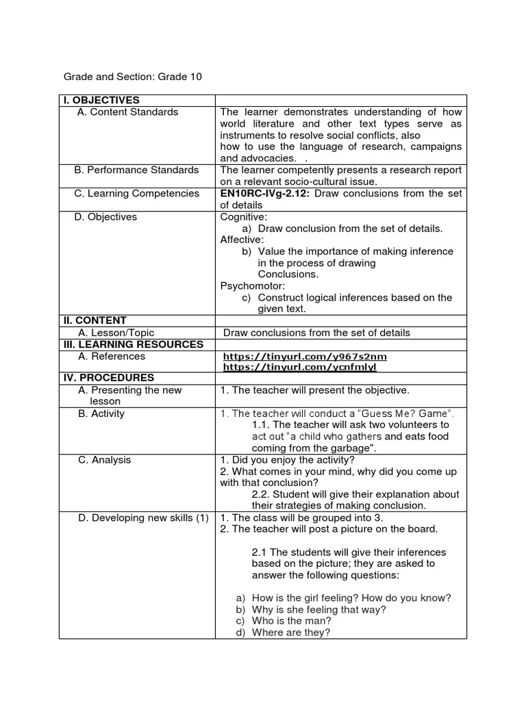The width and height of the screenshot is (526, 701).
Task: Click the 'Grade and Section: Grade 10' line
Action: [x=133, y=77]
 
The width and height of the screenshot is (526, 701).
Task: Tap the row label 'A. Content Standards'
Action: [x=127, y=112]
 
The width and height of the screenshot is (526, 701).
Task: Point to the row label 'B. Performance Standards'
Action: [x=137, y=170]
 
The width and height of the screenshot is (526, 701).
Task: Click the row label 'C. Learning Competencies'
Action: [x=137, y=194]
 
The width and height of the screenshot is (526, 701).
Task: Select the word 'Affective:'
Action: [x=242, y=240]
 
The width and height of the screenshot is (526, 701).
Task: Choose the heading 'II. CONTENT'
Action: [x=95, y=320]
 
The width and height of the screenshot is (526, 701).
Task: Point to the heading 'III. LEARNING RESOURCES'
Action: [x=133, y=344]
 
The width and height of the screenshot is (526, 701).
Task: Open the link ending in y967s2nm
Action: [x=305, y=357]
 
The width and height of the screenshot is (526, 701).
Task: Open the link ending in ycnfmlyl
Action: [x=300, y=368]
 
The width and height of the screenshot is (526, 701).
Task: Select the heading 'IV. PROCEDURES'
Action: [x=109, y=378]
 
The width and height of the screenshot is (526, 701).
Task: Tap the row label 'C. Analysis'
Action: [x=104, y=460]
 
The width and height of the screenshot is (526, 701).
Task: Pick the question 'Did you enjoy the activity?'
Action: [x=292, y=460]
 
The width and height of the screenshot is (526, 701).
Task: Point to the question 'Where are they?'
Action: [x=291, y=633]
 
